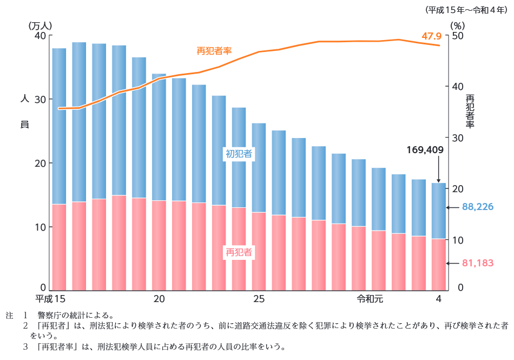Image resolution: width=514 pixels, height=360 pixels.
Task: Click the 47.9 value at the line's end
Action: (432, 36)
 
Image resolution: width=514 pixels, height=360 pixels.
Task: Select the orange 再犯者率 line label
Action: (214, 51)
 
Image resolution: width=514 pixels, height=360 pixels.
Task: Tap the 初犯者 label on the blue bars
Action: (239, 154)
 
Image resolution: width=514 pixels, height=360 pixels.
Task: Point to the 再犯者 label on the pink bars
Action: (239, 252)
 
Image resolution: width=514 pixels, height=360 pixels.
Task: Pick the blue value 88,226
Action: (478, 207)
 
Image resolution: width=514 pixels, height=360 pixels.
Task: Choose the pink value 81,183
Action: (478, 264)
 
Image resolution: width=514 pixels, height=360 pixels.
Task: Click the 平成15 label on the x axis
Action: (50, 299)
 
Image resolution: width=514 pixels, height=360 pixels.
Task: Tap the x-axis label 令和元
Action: (370, 299)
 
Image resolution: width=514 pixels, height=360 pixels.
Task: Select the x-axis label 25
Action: (259, 299)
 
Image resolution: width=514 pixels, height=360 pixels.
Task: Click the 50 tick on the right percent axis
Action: (458, 35)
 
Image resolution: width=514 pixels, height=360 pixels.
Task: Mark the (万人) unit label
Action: (40, 25)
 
